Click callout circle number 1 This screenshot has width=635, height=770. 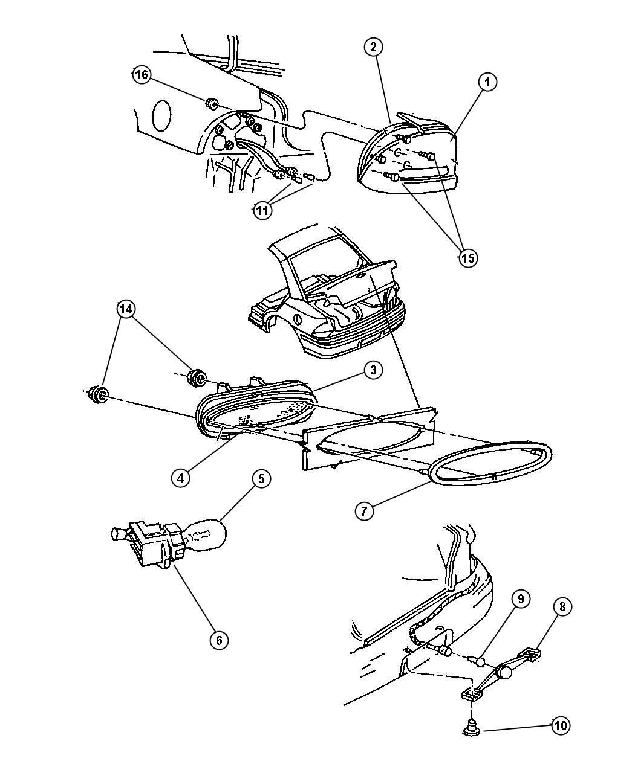point(487,82)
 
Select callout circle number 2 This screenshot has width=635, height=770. point(374,46)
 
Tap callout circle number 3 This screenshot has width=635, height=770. point(374,370)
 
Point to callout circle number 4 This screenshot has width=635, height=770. point(180,477)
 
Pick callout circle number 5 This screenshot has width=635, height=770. point(261,479)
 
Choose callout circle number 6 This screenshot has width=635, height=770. point(219,639)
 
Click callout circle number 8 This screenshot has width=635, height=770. point(562,607)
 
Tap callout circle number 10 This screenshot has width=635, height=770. point(560,725)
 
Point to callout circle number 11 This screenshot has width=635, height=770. point(262,210)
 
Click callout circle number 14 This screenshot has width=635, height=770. point(125,309)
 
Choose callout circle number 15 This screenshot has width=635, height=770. point(467,258)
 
